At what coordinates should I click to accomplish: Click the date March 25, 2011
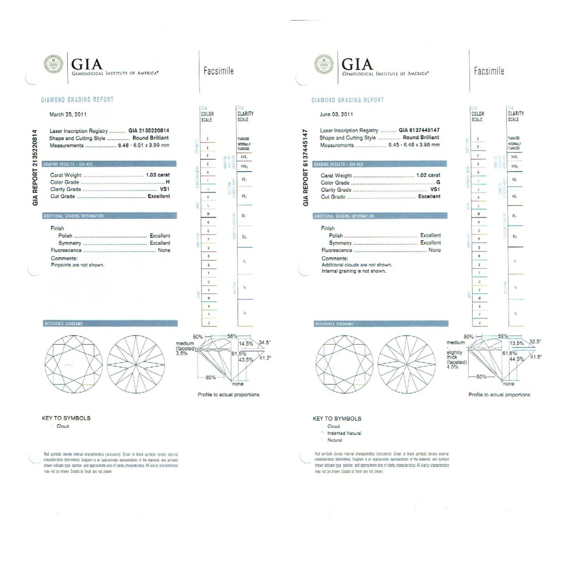click(68, 115)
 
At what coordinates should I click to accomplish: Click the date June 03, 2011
click(336, 115)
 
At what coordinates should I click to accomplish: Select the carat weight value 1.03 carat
click(158, 175)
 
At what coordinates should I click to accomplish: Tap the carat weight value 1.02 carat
click(428, 175)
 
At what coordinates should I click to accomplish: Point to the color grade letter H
click(168, 182)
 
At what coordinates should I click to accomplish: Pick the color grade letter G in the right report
click(438, 182)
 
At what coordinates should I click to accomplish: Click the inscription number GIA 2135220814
click(149, 131)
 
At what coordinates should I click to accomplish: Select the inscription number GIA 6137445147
click(419, 130)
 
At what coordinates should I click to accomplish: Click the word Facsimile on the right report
click(489, 71)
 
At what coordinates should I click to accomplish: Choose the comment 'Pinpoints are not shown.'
click(78, 265)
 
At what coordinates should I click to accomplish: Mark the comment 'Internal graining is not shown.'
click(354, 271)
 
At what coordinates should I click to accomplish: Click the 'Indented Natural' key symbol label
click(344, 433)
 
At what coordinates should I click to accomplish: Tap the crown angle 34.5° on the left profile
click(264, 342)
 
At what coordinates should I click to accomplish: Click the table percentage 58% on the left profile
click(232, 336)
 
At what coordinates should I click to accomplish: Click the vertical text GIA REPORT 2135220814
click(35, 168)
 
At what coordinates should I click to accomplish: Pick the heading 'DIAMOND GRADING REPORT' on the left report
click(77, 100)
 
